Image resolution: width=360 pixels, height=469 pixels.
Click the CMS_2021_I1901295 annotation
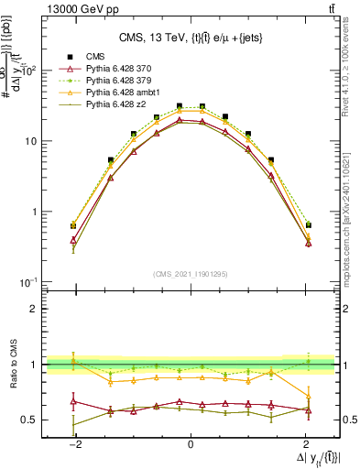pos(190,274)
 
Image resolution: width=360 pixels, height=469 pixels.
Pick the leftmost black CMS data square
pos(73,224)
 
